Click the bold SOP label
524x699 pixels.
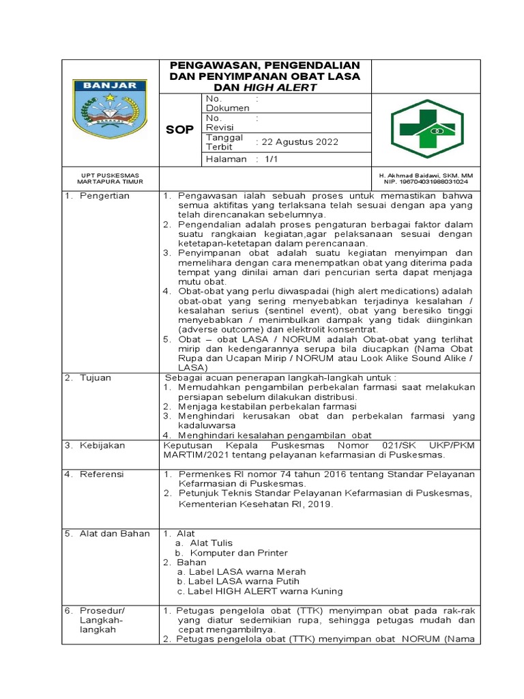pyautogui.click(x=180, y=129)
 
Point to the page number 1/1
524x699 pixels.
pyautogui.click(x=263, y=159)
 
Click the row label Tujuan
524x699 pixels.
pyautogui.click(x=96, y=377)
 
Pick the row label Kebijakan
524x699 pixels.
pyautogui.click(x=102, y=445)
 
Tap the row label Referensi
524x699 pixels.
pyautogui.click(x=102, y=474)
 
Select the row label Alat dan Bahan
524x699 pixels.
pyautogui.click(x=114, y=533)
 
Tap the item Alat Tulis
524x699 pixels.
pyautogui.click(x=212, y=543)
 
